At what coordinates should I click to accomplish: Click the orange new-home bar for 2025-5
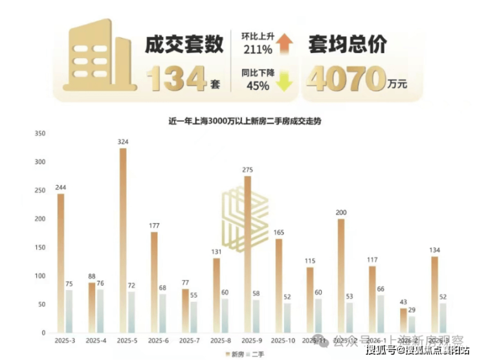(123, 240)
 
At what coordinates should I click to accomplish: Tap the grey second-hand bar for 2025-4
(100, 311)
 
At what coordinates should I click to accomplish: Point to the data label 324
(123, 142)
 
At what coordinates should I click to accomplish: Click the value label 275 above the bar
(247, 170)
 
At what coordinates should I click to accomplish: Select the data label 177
(154, 225)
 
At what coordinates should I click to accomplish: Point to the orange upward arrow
(284, 44)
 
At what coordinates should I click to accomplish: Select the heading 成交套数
(181, 45)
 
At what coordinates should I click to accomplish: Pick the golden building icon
(96, 58)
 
